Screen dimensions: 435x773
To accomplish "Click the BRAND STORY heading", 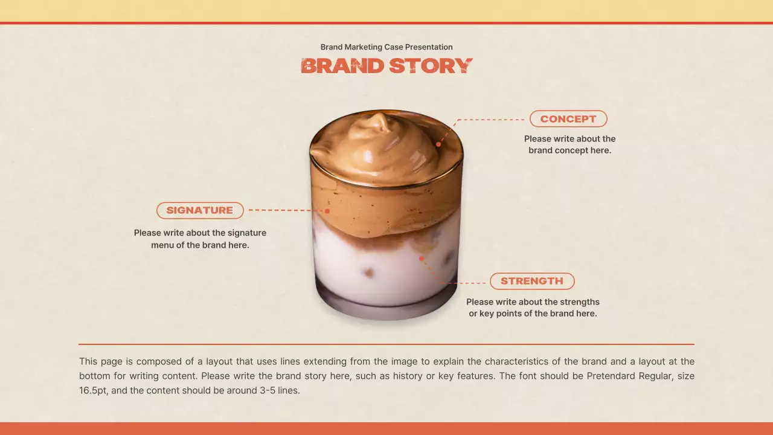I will point(386,66).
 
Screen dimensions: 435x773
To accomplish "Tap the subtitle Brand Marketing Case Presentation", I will point(386,47).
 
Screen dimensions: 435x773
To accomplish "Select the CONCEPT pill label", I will point(568,119).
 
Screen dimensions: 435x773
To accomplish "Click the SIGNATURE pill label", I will point(200,210).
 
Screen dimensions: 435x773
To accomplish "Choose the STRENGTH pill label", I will point(532,281).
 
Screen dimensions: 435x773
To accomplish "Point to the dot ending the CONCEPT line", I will point(438,144).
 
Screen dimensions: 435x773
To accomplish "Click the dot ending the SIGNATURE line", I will point(327,211).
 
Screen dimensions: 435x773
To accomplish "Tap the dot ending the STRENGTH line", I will point(422,259).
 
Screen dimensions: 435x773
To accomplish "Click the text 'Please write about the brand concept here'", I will point(570,144).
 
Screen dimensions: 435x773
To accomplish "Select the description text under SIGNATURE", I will point(200,239).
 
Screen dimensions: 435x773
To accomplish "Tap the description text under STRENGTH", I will point(533,308).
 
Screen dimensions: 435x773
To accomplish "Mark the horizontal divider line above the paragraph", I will point(386,344).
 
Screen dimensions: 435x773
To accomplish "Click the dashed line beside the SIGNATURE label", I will point(281,210).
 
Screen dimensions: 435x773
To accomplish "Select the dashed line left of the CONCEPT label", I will point(492,120).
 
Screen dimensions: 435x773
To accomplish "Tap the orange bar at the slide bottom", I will point(386,428).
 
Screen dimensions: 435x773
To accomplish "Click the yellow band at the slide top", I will point(386,10).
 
